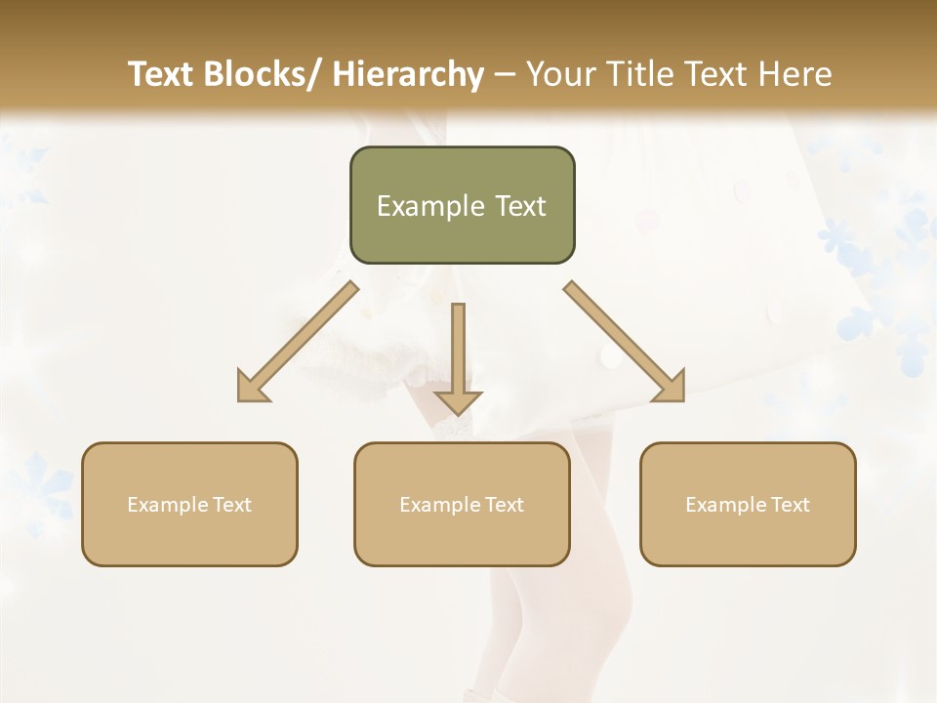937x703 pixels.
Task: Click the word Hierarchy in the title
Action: click(408, 74)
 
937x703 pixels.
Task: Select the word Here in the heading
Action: click(794, 74)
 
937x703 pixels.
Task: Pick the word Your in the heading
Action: click(563, 74)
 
